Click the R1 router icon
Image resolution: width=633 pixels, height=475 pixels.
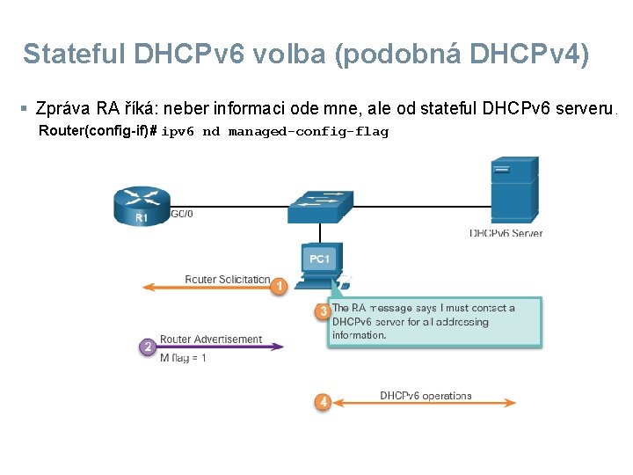141,206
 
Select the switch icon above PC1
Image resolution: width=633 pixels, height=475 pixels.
320,206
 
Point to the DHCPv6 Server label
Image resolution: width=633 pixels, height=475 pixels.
506,234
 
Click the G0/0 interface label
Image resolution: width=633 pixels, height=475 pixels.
181,213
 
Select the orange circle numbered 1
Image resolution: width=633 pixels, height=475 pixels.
279,287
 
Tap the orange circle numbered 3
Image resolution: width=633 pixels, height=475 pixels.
323,311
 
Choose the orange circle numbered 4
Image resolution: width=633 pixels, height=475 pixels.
323,402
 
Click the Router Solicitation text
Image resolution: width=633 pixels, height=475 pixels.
227,280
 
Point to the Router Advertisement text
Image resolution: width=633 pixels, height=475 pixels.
211,340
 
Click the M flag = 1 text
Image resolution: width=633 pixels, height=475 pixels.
183,359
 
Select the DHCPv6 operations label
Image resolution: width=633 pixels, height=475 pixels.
426,396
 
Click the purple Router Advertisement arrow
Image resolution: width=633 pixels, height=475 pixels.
220,347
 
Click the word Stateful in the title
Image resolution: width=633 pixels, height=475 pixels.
75,55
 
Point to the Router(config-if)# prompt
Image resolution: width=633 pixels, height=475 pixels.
98,132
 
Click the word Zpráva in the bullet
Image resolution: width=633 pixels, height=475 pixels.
63,109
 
